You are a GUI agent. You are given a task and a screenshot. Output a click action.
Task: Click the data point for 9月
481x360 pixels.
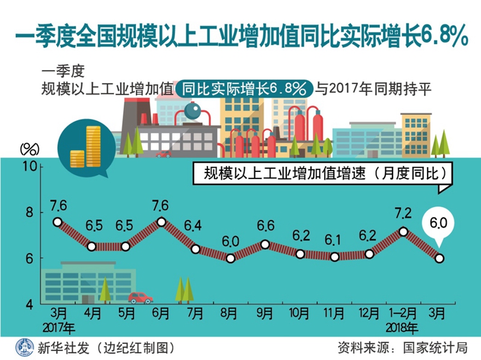click(x=265, y=245)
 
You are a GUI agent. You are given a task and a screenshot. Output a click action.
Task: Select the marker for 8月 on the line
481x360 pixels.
click(x=230, y=258)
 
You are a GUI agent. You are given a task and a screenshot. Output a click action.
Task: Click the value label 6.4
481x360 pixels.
click(x=194, y=227)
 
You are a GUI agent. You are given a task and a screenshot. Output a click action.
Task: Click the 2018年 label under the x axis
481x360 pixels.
click(x=403, y=328)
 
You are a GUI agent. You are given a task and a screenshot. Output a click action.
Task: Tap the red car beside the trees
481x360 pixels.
click(x=140, y=297)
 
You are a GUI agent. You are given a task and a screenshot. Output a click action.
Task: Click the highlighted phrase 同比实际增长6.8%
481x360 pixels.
click(x=245, y=89)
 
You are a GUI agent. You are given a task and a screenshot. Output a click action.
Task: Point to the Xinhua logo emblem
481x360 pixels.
click(x=23, y=347)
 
